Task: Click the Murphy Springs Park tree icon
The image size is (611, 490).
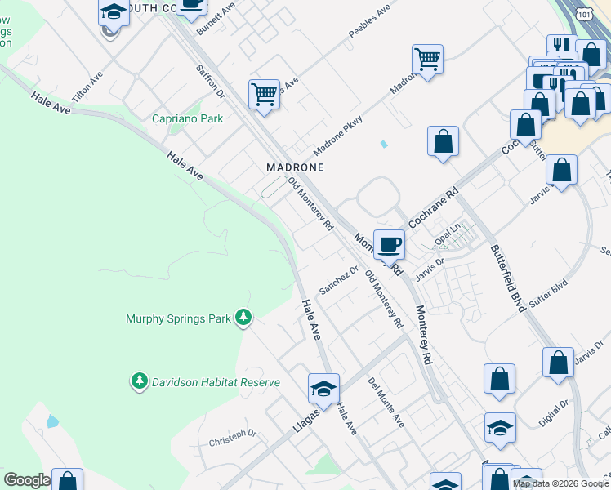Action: click(x=243, y=317)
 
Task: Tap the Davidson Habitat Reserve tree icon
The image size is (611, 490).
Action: click(x=139, y=381)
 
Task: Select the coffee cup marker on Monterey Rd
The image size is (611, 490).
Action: click(x=390, y=243)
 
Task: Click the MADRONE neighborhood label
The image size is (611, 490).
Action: click(x=296, y=167)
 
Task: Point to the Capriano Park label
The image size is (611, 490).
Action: click(x=188, y=118)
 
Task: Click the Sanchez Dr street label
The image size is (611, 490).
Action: click(x=339, y=279)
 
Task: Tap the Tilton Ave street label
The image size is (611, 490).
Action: click(x=87, y=87)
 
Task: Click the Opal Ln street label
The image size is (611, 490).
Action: click(x=449, y=234)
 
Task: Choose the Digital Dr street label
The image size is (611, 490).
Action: click(x=554, y=415)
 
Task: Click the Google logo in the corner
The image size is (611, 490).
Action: click(x=27, y=480)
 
